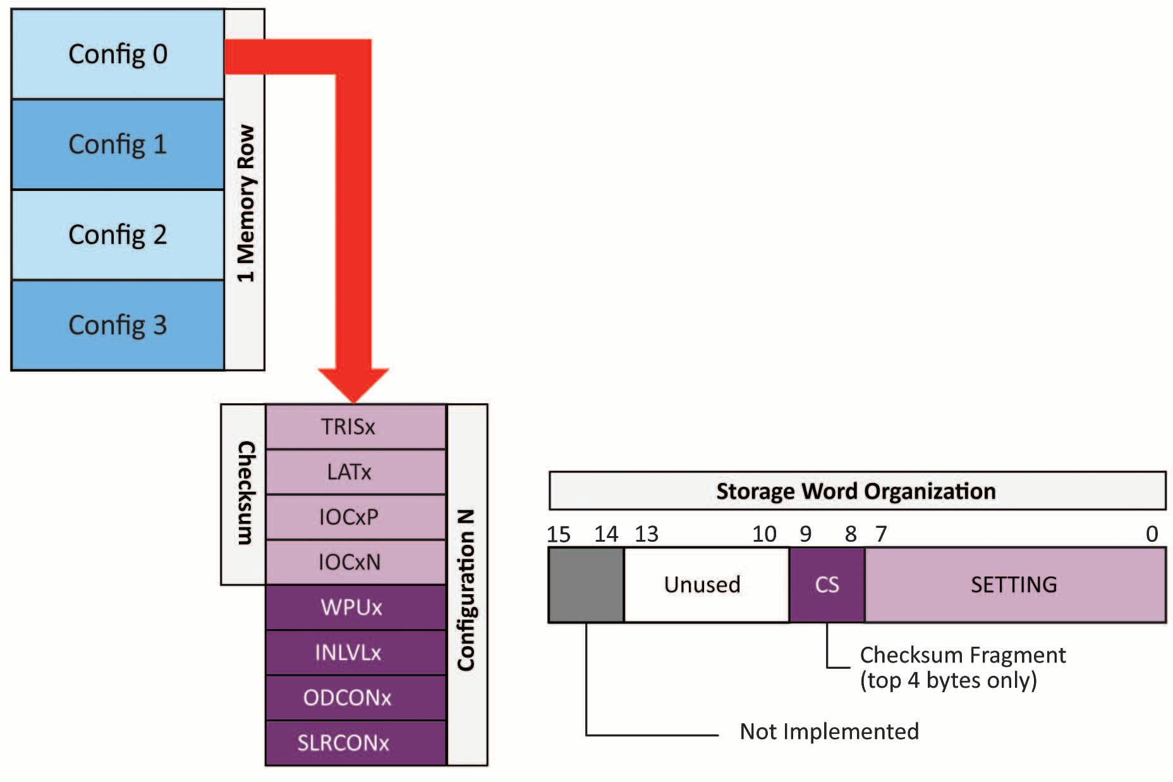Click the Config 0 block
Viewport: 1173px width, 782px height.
pyautogui.click(x=118, y=54)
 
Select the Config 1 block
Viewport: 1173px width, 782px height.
pyautogui.click(x=118, y=144)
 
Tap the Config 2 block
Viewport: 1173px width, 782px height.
pyautogui.click(x=118, y=235)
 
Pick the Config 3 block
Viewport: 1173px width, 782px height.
pyautogui.click(x=118, y=325)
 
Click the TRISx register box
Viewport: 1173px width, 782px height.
pyautogui.click(x=355, y=427)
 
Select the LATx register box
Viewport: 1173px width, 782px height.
pyautogui.click(x=355, y=472)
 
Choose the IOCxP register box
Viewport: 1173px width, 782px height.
pyautogui.click(x=355, y=517)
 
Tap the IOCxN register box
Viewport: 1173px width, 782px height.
pyautogui.click(x=355, y=562)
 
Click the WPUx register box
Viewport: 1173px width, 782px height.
pyautogui.click(x=355, y=608)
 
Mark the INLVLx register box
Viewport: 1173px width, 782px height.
pyautogui.click(x=355, y=652)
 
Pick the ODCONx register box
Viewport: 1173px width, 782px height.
pyautogui.click(x=355, y=698)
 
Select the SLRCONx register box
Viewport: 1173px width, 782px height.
pyautogui.click(x=355, y=743)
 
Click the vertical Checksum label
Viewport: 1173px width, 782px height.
pyautogui.click(x=245, y=493)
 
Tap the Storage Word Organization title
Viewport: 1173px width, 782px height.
pyautogui.click(x=856, y=491)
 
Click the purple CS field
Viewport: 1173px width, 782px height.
pyautogui.click(x=827, y=585)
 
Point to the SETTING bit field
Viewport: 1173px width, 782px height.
pyautogui.click(x=1014, y=585)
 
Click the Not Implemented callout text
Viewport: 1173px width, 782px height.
pyautogui.click(x=829, y=731)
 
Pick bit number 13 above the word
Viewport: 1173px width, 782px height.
pyautogui.click(x=647, y=535)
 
